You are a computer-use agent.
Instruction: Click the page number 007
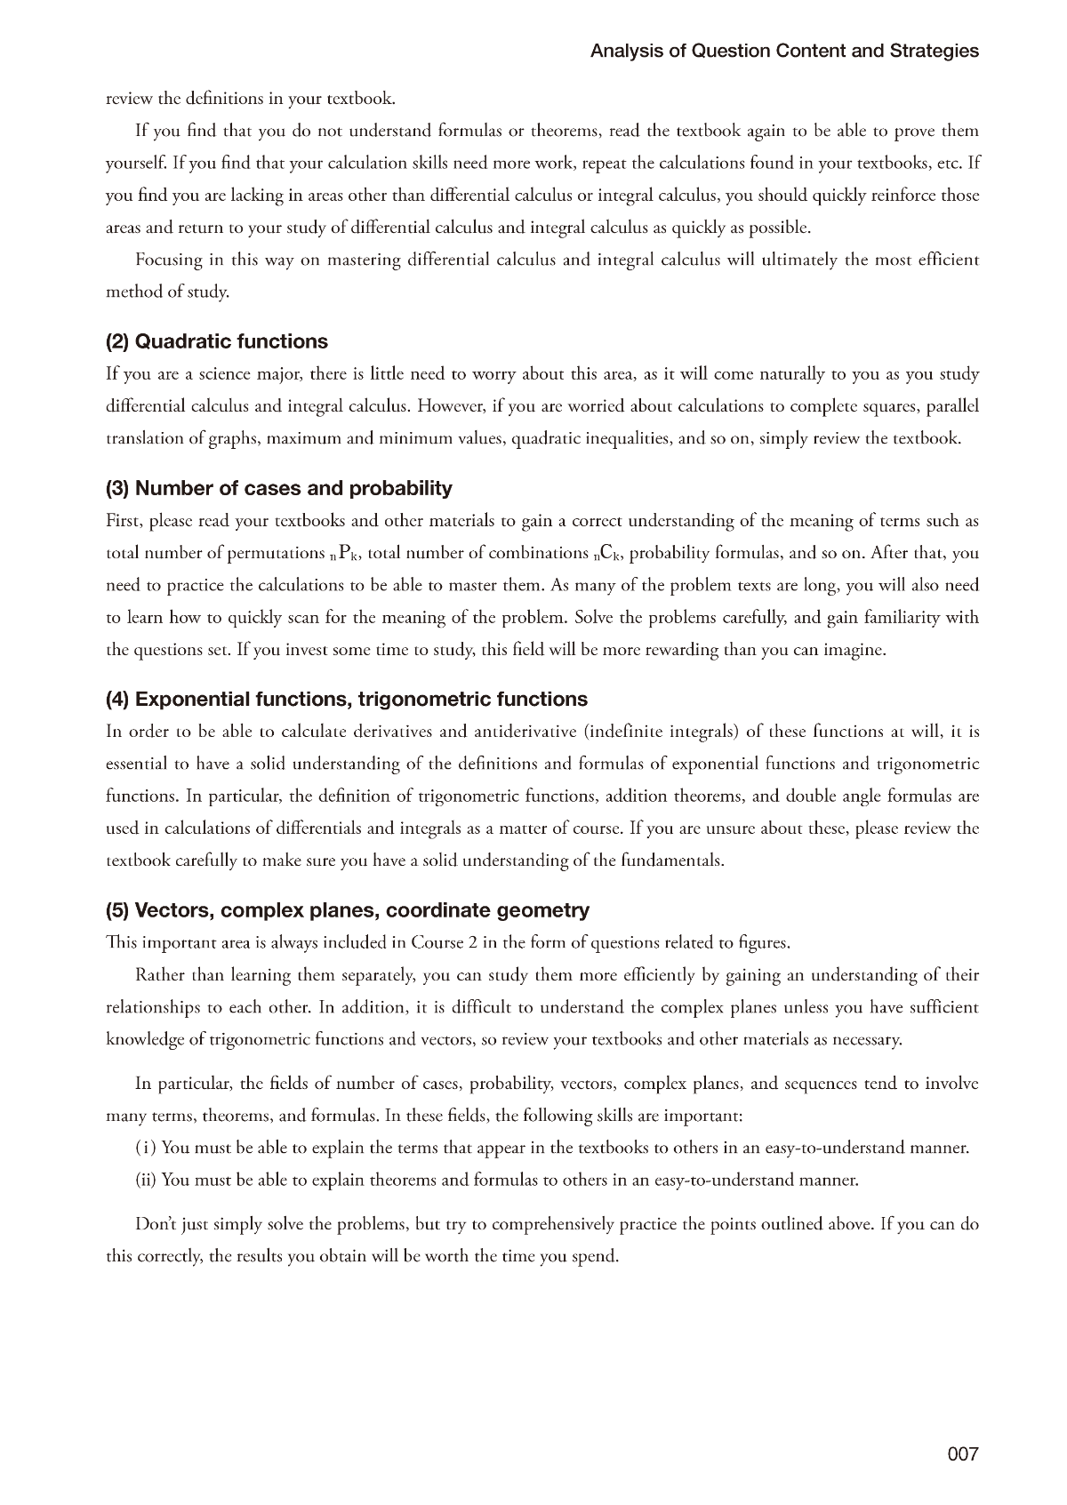pyautogui.click(x=962, y=1454)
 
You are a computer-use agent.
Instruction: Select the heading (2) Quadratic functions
pyautogui.click(x=216, y=342)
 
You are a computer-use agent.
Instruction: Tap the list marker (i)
pyautogui.click(x=146, y=1148)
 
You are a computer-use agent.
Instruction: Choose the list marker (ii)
pyautogui.click(x=146, y=1181)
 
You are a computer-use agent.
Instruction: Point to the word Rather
pyautogui.click(x=161, y=975)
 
